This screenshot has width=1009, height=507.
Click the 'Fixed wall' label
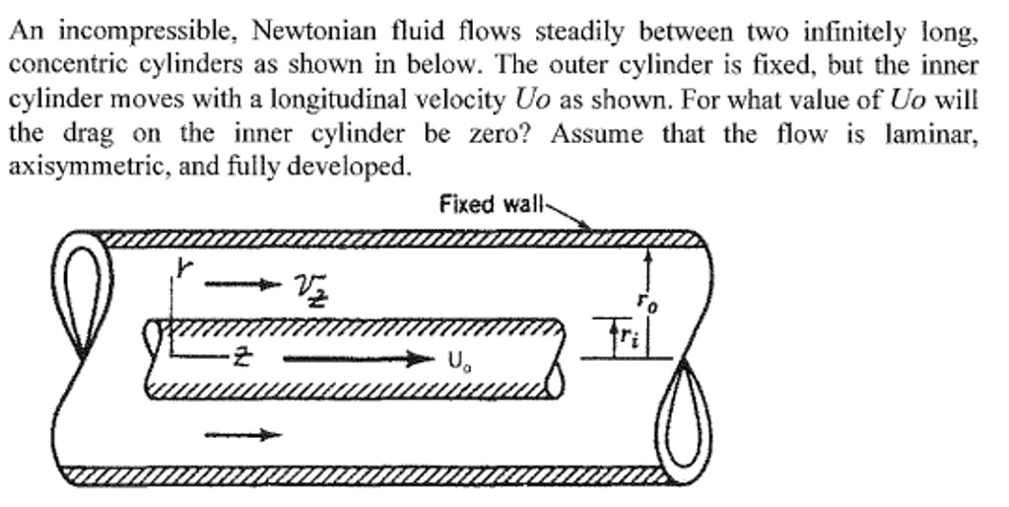pyautogui.click(x=491, y=204)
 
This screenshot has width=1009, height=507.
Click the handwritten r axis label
pyautogui.click(x=181, y=267)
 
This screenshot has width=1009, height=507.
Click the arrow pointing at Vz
pyautogui.click(x=236, y=286)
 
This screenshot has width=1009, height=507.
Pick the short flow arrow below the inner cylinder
pyautogui.click(x=242, y=433)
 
